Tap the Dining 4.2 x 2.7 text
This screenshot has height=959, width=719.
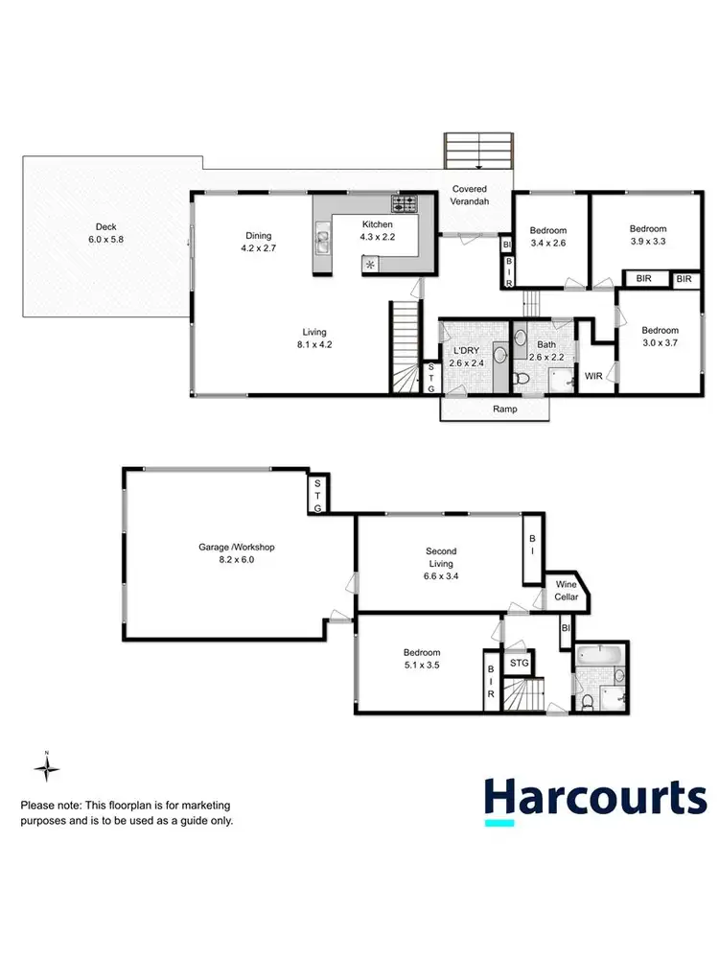point(258,242)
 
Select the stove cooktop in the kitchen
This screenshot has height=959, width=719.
point(404,203)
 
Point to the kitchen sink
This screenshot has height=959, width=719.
point(323,241)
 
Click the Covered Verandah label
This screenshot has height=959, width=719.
point(470,196)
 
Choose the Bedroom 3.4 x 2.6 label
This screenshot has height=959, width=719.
point(548,237)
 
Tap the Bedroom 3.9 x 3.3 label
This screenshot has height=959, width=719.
point(648,235)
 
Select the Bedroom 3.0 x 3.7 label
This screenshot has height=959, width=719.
point(661,337)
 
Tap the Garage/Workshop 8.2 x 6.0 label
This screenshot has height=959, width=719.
point(237,552)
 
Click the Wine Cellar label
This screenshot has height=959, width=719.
point(567,591)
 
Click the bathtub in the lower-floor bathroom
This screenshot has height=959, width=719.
point(601,658)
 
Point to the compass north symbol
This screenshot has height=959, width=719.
point(46,767)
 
